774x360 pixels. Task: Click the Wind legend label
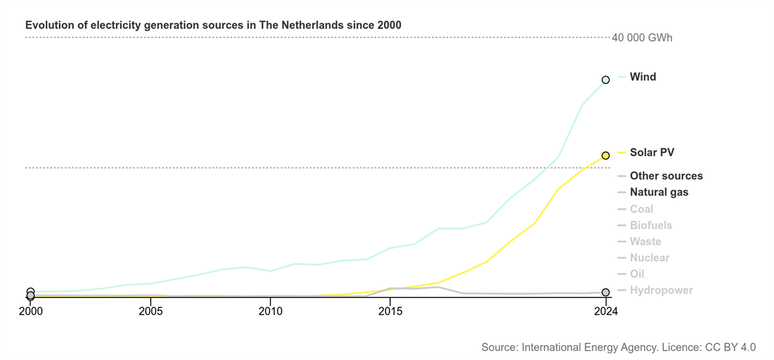(642, 77)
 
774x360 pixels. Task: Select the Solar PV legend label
(651, 152)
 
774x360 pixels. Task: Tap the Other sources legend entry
(666, 175)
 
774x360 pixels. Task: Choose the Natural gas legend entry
(659, 192)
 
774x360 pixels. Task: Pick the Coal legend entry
(641, 209)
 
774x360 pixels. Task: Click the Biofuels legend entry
(651, 225)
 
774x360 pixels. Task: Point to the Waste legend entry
(645, 241)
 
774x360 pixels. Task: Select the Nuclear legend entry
(650, 258)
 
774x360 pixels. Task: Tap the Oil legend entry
(637, 274)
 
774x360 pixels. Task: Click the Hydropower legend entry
(661, 290)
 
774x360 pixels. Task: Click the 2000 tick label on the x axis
(30, 311)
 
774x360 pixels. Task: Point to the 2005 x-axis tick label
(150, 311)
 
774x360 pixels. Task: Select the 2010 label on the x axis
(270, 311)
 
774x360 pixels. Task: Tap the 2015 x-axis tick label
(390, 311)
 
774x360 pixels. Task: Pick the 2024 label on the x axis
(606, 311)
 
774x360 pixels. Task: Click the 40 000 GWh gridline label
(642, 38)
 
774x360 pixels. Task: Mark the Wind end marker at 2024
(606, 80)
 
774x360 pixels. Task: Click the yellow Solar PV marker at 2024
(606, 155)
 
